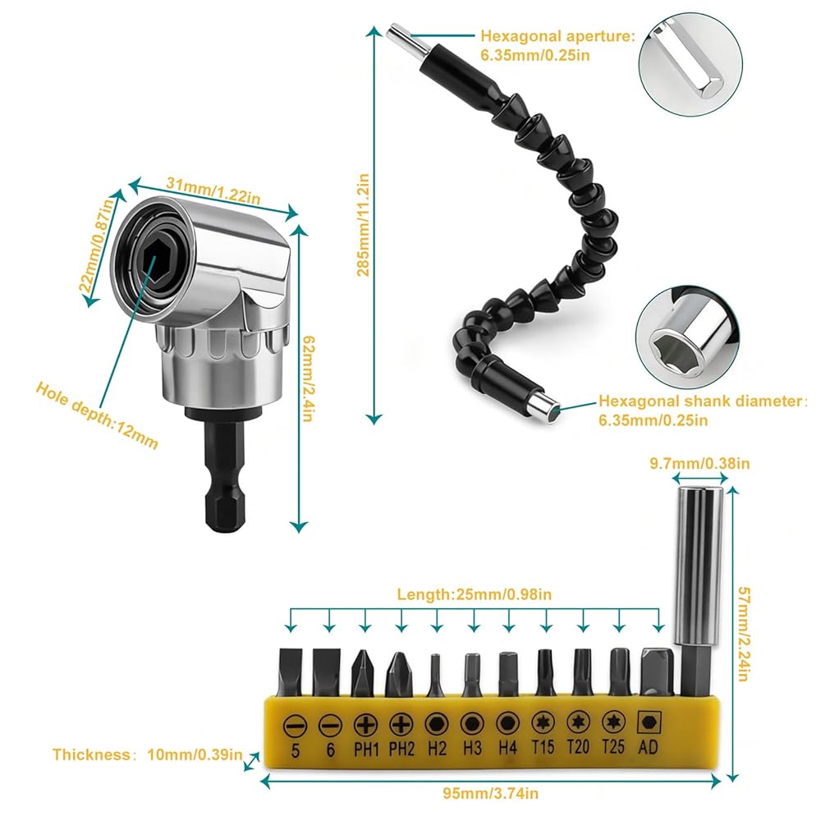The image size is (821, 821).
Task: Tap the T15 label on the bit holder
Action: pyautogui.click(x=543, y=746)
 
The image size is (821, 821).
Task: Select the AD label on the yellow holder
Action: pyautogui.click(x=648, y=746)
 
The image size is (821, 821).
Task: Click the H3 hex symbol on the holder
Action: pyautogui.click(x=472, y=724)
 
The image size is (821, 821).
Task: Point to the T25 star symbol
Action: pyautogui.click(x=613, y=722)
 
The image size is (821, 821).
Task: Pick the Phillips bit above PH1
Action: pyautogui.click(x=362, y=673)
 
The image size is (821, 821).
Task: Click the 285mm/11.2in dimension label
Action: pyautogui.click(x=363, y=225)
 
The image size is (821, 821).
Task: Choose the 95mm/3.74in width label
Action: pyautogui.click(x=491, y=793)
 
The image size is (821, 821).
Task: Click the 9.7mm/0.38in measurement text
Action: pyautogui.click(x=699, y=463)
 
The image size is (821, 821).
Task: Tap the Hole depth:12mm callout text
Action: pyautogui.click(x=96, y=415)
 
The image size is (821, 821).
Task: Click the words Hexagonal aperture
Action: pyautogui.click(x=557, y=36)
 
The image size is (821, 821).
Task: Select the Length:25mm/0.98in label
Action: pyautogui.click(x=474, y=594)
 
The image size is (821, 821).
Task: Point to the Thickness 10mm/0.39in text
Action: pyautogui.click(x=147, y=754)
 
